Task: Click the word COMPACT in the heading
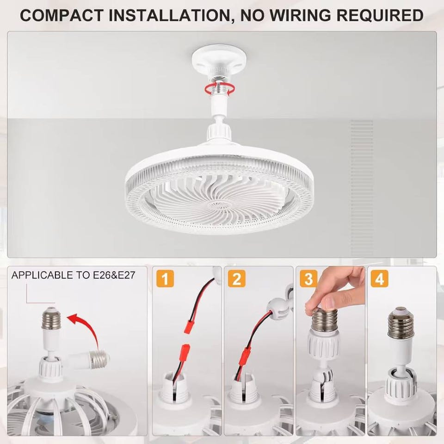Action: click(x=62, y=15)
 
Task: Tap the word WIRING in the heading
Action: click(x=300, y=15)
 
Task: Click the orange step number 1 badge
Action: click(x=165, y=278)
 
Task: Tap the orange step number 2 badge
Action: click(x=236, y=278)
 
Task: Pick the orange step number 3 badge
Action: click(x=308, y=278)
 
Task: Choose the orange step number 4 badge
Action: click(x=379, y=278)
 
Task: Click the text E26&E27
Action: click(x=114, y=275)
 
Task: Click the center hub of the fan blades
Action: click(x=218, y=205)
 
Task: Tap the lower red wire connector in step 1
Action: click(x=185, y=352)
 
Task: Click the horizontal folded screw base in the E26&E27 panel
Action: click(x=98, y=359)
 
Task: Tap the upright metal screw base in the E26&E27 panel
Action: click(x=51, y=319)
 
